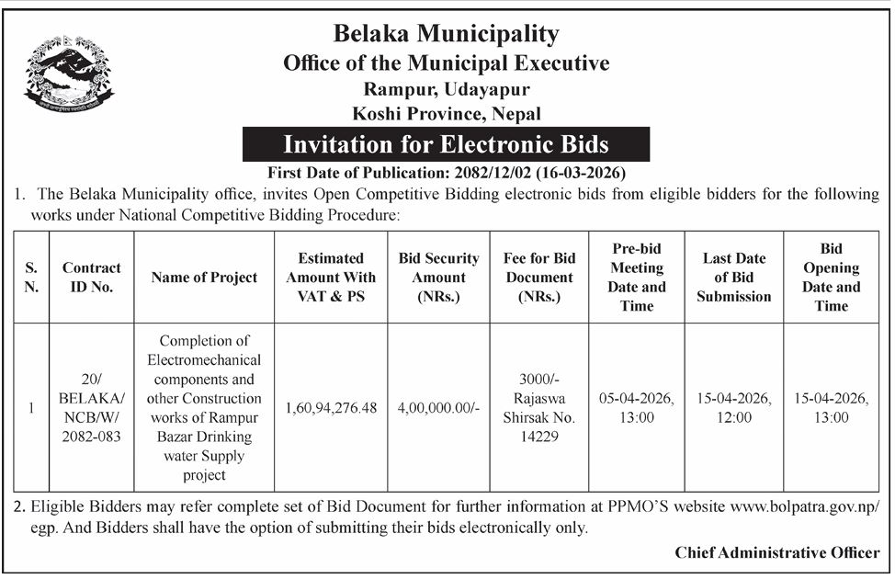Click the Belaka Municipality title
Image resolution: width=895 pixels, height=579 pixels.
(x=447, y=35)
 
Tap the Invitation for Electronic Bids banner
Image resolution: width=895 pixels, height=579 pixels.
(x=446, y=144)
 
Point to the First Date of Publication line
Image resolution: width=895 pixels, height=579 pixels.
(x=446, y=172)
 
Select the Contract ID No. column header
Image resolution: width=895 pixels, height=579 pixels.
(x=91, y=277)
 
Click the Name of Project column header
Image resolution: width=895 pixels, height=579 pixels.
(x=204, y=278)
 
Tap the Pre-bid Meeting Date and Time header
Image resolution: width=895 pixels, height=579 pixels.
(x=636, y=277)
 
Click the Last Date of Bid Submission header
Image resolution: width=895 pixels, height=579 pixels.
(x=733, y=278)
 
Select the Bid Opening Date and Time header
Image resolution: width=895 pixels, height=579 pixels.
(x=831, y=277)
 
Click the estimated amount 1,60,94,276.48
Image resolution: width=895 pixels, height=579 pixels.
(x=331, y=408)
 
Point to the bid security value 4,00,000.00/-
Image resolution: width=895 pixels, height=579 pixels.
(x=438, y=408)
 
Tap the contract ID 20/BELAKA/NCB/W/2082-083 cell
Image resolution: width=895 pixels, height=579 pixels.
(x=91, y=407)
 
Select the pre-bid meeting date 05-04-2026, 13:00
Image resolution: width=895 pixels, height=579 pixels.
(x=636, y=407)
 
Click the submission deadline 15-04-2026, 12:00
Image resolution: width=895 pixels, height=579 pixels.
(x=733, y=407)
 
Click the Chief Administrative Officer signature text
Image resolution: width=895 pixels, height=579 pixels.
(x=776, y=552)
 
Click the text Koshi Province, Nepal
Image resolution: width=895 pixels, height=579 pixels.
(x=447, y=114)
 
